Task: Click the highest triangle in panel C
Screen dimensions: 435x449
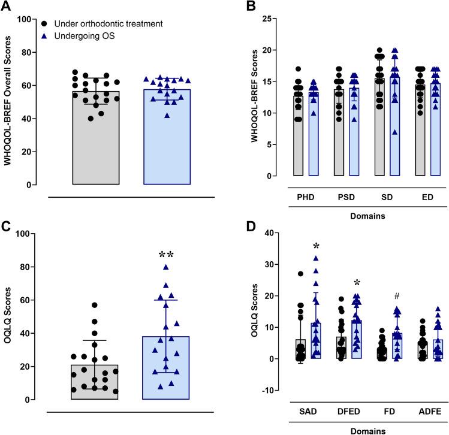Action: [x=166, y=267]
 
